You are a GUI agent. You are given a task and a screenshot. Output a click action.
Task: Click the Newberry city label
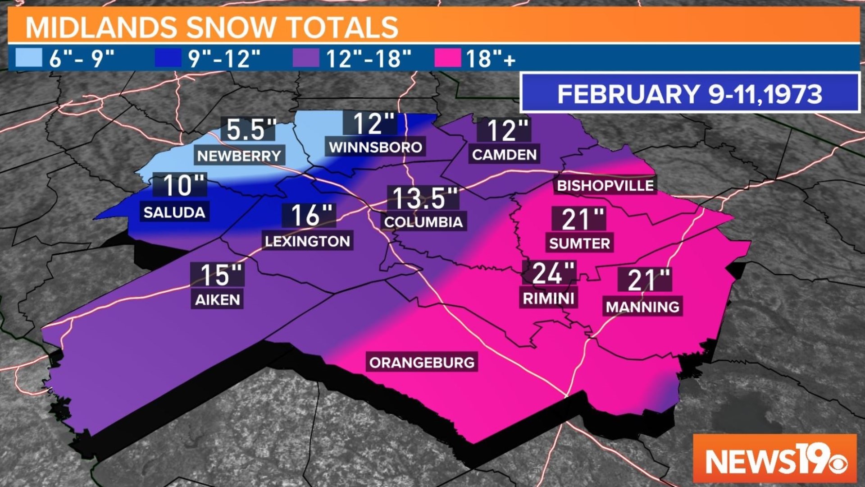239,156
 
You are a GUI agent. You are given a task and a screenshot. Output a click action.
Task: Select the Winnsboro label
375,147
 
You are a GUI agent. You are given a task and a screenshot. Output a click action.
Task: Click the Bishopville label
605,185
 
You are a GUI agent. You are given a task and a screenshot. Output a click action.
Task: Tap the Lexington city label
307,241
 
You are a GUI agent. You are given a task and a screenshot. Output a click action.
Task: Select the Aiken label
218,300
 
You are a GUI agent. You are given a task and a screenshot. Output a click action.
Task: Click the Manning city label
642,307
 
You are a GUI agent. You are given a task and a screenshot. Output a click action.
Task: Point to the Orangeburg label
422,363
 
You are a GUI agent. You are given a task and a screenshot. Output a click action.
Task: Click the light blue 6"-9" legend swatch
29,58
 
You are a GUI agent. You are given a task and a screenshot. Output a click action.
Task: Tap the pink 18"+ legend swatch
447,58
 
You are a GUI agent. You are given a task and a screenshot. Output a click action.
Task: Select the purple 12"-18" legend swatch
306,58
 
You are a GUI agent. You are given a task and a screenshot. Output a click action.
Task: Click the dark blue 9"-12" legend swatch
168,58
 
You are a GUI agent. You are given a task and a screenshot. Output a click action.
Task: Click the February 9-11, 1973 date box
689,94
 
